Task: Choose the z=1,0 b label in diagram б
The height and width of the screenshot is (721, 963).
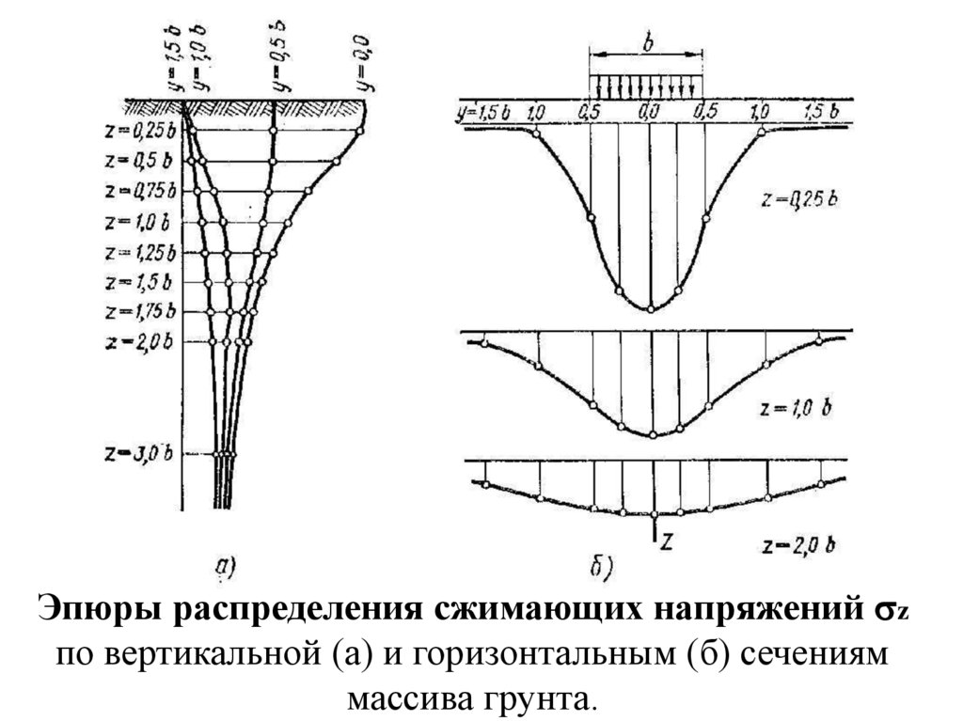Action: tap(796, 410)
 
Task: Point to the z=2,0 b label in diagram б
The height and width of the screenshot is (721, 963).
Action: tap(796, 544)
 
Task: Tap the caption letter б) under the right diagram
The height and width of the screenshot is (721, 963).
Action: tap(600, 566)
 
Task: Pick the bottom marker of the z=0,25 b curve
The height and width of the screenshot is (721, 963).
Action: tap(650, 308)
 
